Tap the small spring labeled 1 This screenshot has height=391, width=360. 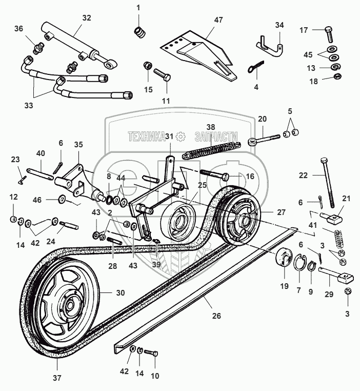point(138,33)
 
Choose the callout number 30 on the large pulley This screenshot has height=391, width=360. point(120,293)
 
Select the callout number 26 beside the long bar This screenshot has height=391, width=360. point(217,316)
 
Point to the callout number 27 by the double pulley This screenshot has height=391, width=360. point(281,211)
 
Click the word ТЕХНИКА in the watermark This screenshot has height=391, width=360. point(146,136)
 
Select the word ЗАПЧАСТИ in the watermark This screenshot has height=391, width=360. point(216,136)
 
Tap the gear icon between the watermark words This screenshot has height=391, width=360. point(180,136)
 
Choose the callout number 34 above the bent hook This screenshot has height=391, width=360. point(279,25)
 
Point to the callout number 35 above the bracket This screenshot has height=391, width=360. point(78,145)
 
